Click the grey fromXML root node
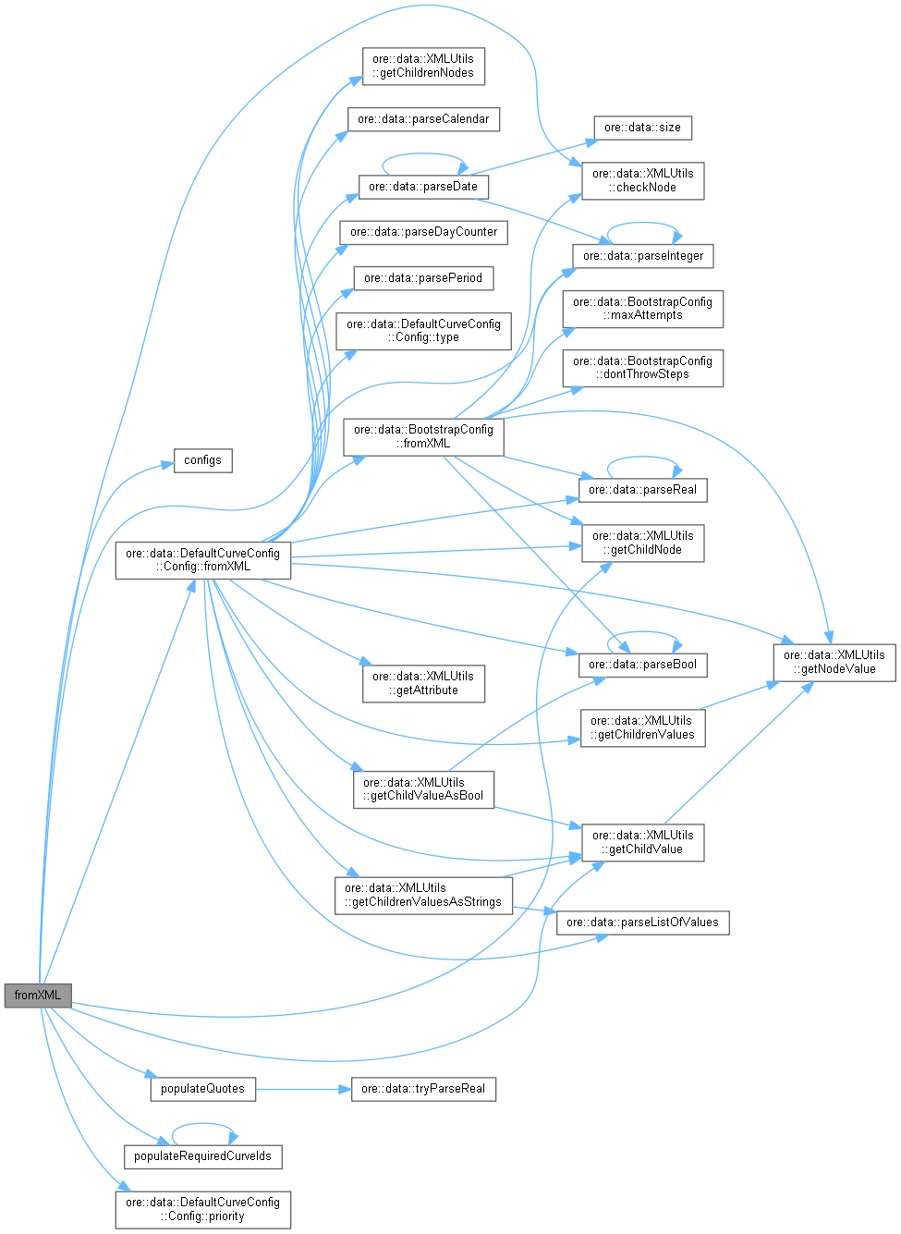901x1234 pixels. [38, 996]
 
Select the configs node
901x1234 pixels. [202, 460]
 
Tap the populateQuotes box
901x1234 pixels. [202, 1089]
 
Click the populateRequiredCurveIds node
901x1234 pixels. [203, 1156]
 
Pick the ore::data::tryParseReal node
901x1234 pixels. [423, 1089]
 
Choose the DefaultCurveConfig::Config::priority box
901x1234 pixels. [202, 1209]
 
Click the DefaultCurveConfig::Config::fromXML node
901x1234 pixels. [202, 560]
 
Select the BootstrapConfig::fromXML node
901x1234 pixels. [423, 436]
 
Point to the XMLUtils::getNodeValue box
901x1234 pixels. [834, 662]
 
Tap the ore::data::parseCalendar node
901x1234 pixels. [423, 119]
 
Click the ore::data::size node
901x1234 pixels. [642, 128]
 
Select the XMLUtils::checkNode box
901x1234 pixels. [642, 180]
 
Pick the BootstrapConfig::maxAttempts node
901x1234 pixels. [642, 309]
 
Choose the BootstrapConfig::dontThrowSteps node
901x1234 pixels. [642, 367]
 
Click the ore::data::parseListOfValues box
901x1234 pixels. [642, 922]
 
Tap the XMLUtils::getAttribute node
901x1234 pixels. [423, 683]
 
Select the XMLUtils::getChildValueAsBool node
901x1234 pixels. [423, 789]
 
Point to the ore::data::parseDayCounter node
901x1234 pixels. [423, 232]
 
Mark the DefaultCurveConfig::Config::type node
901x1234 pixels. [423, 331]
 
